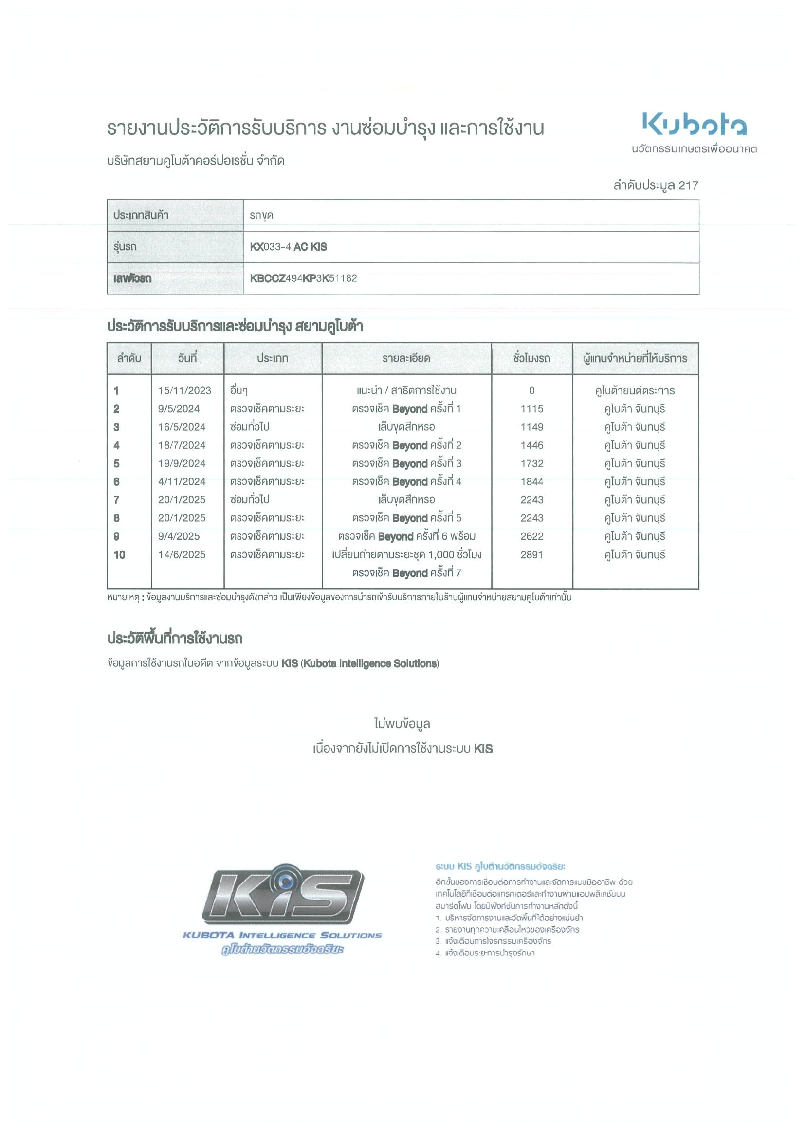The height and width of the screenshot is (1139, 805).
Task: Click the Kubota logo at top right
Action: pos(694,124)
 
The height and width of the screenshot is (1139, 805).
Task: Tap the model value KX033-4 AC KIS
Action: pos(288,247)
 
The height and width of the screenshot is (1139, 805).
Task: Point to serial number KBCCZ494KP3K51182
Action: pos(303,278)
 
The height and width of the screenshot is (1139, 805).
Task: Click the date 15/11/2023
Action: pos(184,390)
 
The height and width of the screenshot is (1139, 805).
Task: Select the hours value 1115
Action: pos(531,409)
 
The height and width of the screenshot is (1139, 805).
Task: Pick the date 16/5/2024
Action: pos(182,427)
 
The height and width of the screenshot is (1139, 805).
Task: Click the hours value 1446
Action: pos(531,445)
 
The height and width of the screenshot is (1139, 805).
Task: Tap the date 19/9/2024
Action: pos(182,463)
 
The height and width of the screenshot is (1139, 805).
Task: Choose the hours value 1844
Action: pos(531,482)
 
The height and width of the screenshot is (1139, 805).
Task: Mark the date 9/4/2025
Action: pos(179,536)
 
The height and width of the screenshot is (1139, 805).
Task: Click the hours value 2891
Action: pos(531,554)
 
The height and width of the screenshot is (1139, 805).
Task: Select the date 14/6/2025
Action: pos(182,554)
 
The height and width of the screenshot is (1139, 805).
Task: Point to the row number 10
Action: pos(120,554)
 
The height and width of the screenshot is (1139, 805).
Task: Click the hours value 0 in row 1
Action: pos(531,390)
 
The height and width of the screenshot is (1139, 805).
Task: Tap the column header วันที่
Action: pos(187,358)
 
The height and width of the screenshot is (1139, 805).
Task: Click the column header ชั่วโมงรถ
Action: pos(531,358)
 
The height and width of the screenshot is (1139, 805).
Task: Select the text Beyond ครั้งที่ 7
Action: pos(426,573)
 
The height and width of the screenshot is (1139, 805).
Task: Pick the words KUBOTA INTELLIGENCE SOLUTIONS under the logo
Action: pos(282,936)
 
